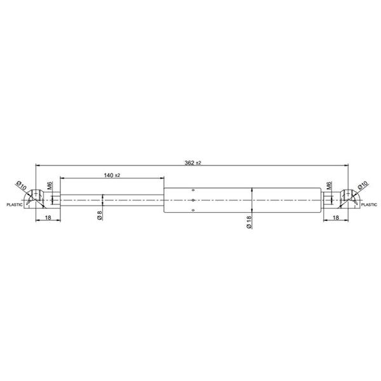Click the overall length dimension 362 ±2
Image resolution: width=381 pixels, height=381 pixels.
(x=193, y=163)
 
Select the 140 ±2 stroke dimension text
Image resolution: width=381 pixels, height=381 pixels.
(x=112, y=175)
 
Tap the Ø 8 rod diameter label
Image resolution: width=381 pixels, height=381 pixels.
(x=100, y=215)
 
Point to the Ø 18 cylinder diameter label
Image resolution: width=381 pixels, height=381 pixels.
(x=249, y=222)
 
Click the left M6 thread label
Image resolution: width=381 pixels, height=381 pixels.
(x=50, y=185)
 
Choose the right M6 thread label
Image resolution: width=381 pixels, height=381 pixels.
(x=329, y=185)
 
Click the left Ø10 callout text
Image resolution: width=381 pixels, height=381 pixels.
(x=21, y=185)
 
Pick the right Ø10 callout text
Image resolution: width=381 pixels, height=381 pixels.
(x=363, y=185)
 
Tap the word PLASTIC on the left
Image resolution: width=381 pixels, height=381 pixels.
(x=15, y=204)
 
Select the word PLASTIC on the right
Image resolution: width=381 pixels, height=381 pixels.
(x=369, y=204)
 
